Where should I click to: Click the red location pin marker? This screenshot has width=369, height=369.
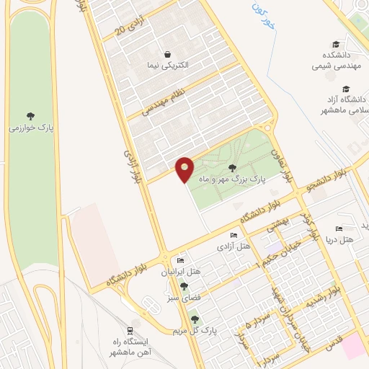pyautogui.click(x=184, y=169)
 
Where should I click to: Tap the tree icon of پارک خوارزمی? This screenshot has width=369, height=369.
pyautogui.click(x=30, y=115)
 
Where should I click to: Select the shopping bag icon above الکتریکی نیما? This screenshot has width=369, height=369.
pyautogui.click(x=168, y=54)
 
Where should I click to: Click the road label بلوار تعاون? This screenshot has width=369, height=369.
pyautogui.click(x=283, y=164)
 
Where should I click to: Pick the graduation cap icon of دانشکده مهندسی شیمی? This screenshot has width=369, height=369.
pyautogui.click(x=336, y=44)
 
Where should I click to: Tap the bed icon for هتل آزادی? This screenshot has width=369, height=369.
pyautogui.click(x=232, y=236)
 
